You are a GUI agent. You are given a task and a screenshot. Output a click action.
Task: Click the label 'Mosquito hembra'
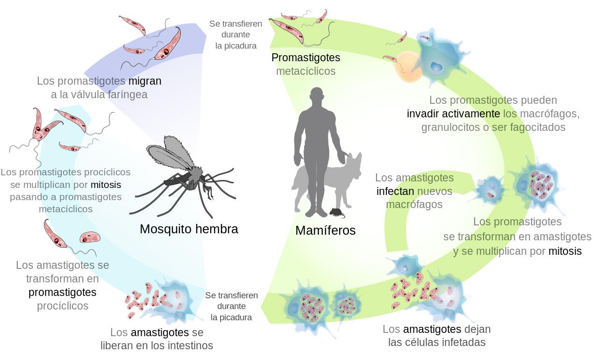tap(189, 229)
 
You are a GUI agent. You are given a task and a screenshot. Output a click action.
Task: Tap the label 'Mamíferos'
tap(326, 230)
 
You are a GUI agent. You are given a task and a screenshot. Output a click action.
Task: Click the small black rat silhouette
tap(337, 213)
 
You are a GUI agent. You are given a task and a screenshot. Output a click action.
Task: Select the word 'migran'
tap(145, 81)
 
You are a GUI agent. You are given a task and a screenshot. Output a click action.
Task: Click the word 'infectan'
tap(395, 191)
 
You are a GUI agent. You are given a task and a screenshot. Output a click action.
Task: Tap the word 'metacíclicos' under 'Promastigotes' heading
tap(306, 72)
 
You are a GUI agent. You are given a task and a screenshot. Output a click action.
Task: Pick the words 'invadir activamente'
tap(453, 114)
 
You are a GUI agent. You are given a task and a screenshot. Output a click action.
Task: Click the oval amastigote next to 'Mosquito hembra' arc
tap(90, 237)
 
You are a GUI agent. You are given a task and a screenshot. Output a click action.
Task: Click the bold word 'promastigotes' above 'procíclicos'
tap(63, 292)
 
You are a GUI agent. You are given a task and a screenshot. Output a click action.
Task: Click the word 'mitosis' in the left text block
tap(106, 185)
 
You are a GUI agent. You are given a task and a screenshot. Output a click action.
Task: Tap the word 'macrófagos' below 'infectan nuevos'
tap(414, 205)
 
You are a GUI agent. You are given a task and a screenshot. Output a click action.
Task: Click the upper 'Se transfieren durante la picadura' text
tap(236, 35)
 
